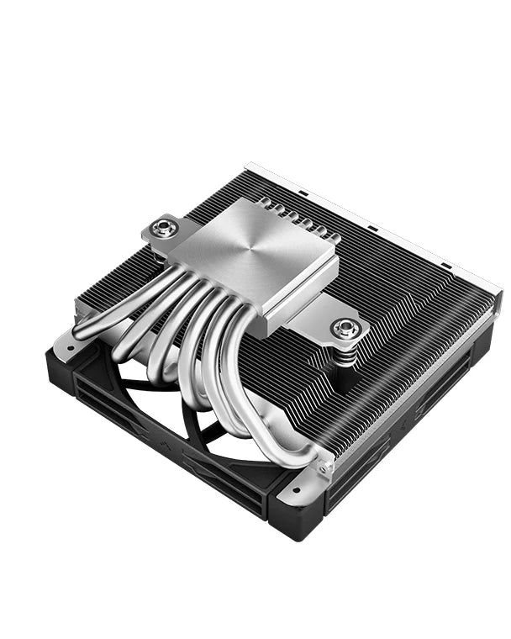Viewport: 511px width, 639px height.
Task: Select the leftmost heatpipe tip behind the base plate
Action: (264, 203)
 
